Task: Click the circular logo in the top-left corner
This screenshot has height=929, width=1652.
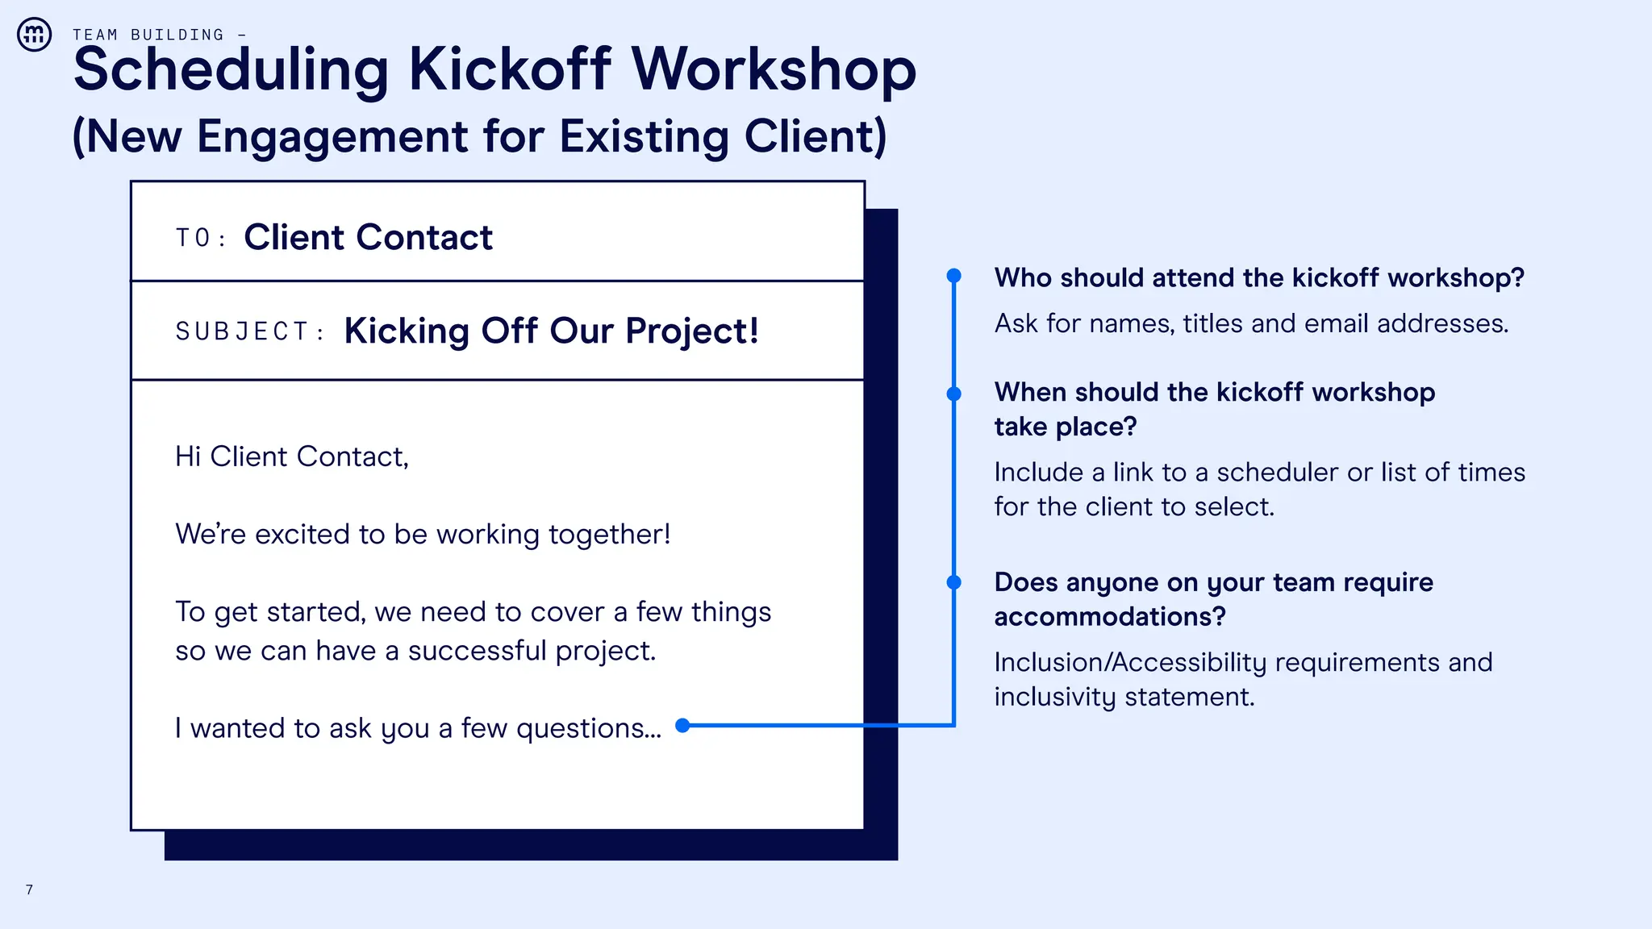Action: pyautogui.click(x=35, y=35)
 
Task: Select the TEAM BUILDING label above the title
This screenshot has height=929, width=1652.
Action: pyautogui.click(x=148, y=35)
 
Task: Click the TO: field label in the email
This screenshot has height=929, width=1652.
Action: pyautogui.click(x=200, y=238)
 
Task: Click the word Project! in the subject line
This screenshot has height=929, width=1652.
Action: pyautogui.click(x=692, y=331)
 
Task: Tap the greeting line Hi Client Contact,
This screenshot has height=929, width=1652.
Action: pyautogui.click(x=292, y=456)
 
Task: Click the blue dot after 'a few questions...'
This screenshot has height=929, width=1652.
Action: pyautogui.click(x=682, y=725)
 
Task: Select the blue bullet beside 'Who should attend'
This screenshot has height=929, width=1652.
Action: pyautogui.click(x=953, y=276)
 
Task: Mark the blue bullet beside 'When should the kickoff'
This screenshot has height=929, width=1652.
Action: pyautogui.click(x=953, y=394)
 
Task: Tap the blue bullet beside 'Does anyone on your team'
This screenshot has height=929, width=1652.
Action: pyautogui.click(x=953, y=582)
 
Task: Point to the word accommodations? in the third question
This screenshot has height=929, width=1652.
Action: pyautogui.click(x=1110, y=616)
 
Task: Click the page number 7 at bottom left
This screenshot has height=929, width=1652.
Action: pyautogui.click(x=29, y=889)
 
